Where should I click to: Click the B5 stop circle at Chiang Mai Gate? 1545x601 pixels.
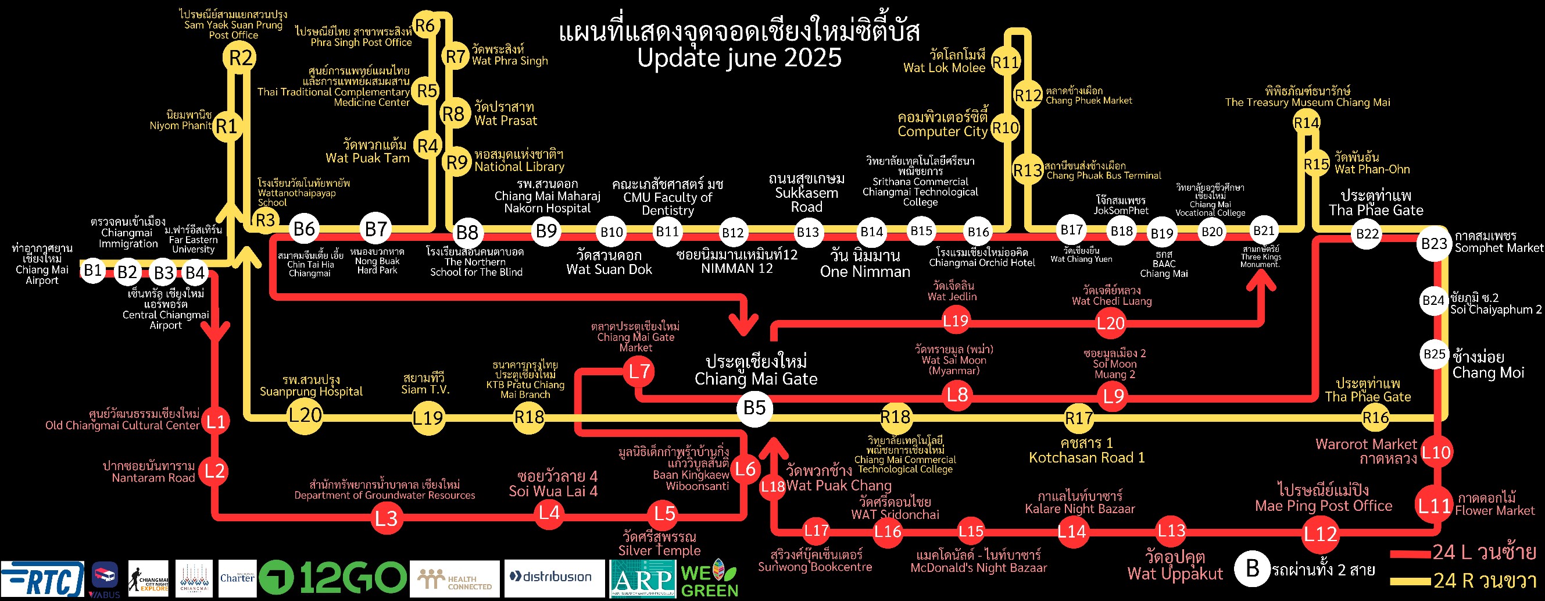pyautogui.click(x=754, y=408)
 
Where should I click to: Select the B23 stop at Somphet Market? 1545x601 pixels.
pyautogui.click(x=1433, y=244)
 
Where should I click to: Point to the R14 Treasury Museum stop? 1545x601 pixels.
pyautogui.click(x=1306, y=123)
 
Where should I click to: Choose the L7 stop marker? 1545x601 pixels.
pyautogui.click(x=639, y=372)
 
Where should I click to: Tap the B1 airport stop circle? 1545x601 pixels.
pyautogui.click(x=92, y=271)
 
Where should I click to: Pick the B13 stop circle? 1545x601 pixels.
pyautogui.click(x=808, y=232)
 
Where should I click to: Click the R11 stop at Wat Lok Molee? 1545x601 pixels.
pyautogui.click(x=1006, y=62)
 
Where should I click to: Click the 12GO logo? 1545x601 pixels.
pyautogui.click(x=332, y=578)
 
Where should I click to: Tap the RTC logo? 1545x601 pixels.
pyautogui.click(x=42, y=579)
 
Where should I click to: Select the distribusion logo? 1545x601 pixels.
pyautogui.click(x=554, y=578)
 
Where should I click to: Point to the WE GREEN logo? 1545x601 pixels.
pyautogui.click(x=710, y=579)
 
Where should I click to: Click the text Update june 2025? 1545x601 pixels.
pyautogui.click(x=739, y=58)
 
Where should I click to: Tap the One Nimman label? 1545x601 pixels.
pyautogui.click(x=865, y=271)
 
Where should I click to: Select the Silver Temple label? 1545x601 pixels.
pyautogui.click(x=659, y=550)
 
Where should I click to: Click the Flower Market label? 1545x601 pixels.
pyautogui.click(x=1494, y=510)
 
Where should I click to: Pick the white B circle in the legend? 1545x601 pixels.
pyautogui.click(x=1252, y=568)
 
